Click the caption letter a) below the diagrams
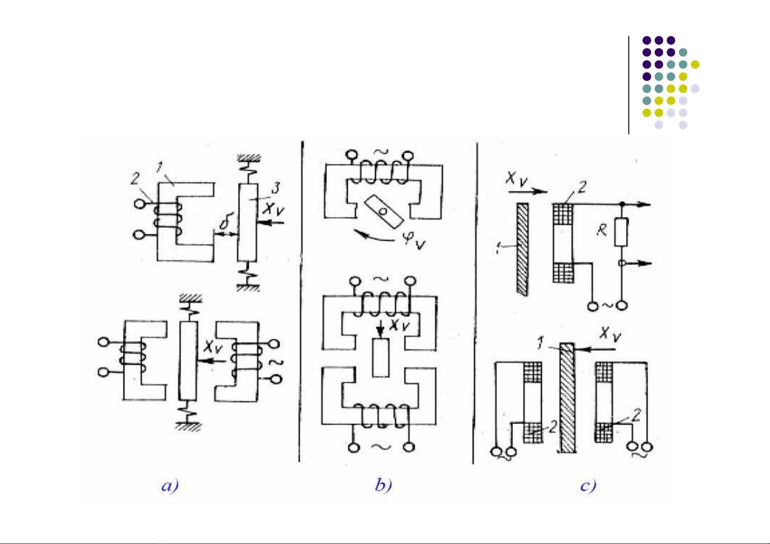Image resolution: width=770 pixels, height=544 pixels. click(x=170, y=485)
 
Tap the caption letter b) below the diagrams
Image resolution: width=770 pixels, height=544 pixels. click(x=383, y=485)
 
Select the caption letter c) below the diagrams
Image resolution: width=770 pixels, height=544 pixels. click(x=588, y=485)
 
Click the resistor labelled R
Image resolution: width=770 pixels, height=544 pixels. click(x=621, y=232)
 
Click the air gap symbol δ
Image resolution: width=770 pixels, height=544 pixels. click(x=224, y=223)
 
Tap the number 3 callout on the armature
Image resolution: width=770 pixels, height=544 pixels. click(x=276, y=188)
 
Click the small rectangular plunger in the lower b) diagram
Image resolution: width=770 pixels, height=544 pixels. click(x=380, y=358)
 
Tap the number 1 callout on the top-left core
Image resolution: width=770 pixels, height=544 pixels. click(x=159, y=168)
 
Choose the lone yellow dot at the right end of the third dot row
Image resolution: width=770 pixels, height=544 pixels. click(x=695, y=64)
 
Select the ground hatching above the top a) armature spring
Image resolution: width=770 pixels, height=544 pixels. click(x=249, y=158)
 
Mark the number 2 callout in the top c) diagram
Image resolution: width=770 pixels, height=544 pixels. click(x=582, y=187)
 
